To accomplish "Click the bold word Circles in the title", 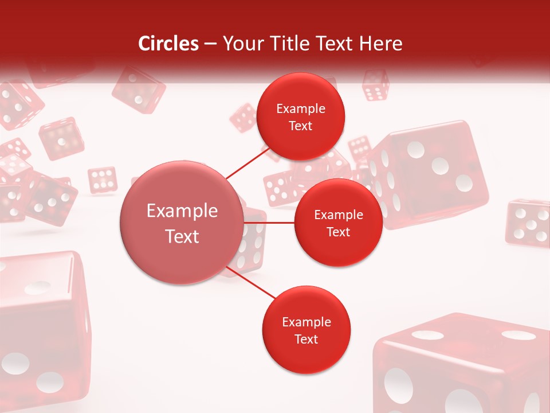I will click(168, 44).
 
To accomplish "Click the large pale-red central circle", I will click(181, 223).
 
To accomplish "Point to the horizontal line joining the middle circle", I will click(269, 223).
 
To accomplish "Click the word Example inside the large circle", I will click(182, 211).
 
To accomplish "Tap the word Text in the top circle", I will click(301, 126).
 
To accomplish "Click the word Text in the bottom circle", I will click(306, 339).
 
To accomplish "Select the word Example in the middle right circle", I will click(339, 215).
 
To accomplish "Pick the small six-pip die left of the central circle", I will click(103, 180).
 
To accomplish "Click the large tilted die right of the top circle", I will click(430, 172).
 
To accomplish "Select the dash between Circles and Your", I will click(210, 44).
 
